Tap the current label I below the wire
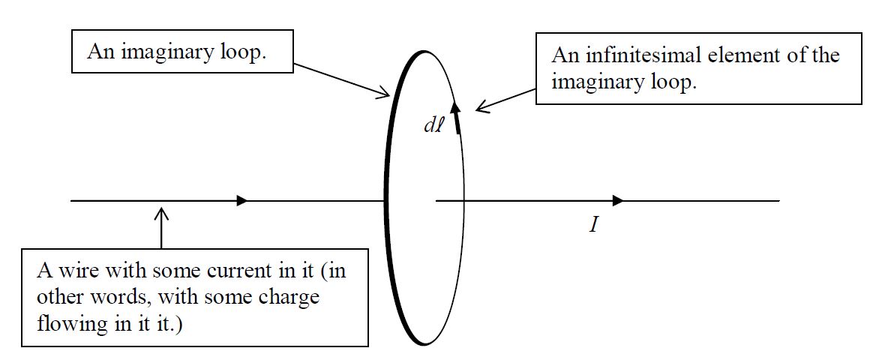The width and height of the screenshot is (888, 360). tap(593, 224)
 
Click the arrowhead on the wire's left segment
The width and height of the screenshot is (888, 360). tap(241, 200)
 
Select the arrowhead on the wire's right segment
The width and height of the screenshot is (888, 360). tap(618, 200)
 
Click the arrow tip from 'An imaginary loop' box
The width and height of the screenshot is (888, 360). tap(388, 95)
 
